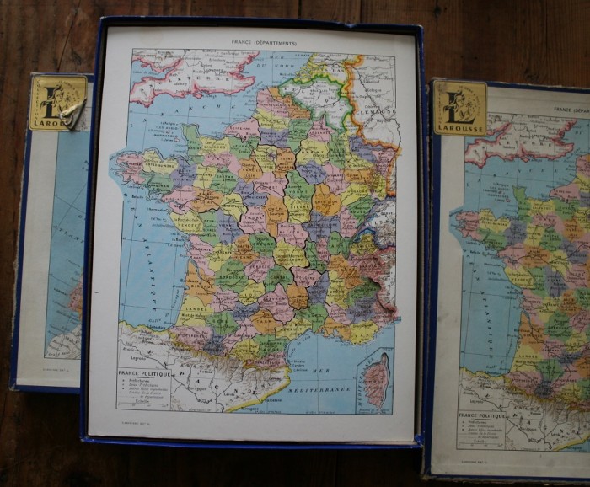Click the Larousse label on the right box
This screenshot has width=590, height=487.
tap(460, 107)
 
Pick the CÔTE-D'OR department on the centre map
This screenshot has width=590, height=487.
tap(324, 201)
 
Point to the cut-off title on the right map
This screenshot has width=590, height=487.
tap(571, 110)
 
